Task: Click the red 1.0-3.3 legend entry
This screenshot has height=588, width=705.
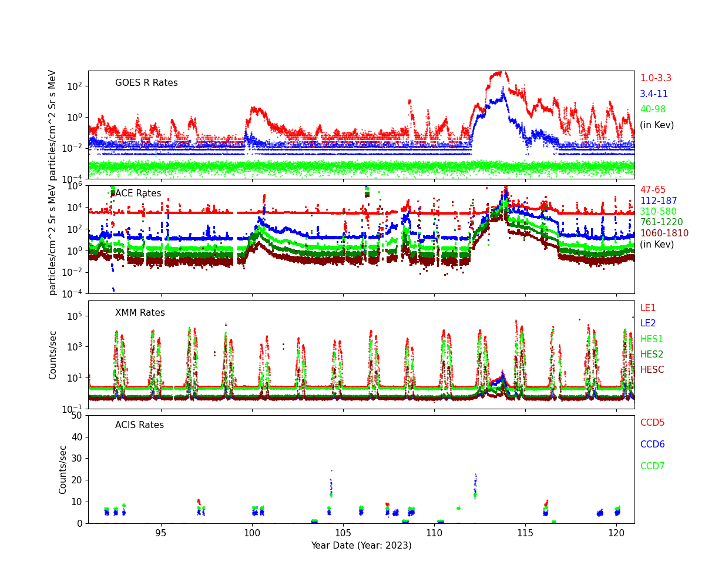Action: [x=656, y=78]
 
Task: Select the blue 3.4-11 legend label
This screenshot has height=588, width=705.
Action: [x=654, y=94]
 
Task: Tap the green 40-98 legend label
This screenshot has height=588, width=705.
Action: [x=653, y=109]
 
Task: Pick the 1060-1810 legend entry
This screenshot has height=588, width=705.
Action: [x=664, y=233]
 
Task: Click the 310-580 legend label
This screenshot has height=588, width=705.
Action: [x=658, y=212]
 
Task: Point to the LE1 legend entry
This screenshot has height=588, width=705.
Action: [x=647, y=308]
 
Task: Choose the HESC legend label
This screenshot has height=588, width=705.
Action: [x=652, y=370]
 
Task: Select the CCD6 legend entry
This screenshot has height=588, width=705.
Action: [x=652, y=445]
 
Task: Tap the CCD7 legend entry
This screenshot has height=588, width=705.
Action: [x=652, y=466]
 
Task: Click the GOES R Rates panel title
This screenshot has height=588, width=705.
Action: [x=146, y=83]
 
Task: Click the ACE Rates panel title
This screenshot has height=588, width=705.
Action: [x=138, y=193]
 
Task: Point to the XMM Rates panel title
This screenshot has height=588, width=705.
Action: [x=140, y=313]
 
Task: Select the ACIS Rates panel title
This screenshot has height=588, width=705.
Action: [x=139, y=425]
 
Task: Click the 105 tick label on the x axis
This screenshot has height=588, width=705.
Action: [x=343, y=533]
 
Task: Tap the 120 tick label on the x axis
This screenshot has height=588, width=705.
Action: [x=616, y=533]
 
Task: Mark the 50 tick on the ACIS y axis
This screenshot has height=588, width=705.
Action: [x=77, y=416]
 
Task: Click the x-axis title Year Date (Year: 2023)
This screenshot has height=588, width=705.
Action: [x=361, y=546]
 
